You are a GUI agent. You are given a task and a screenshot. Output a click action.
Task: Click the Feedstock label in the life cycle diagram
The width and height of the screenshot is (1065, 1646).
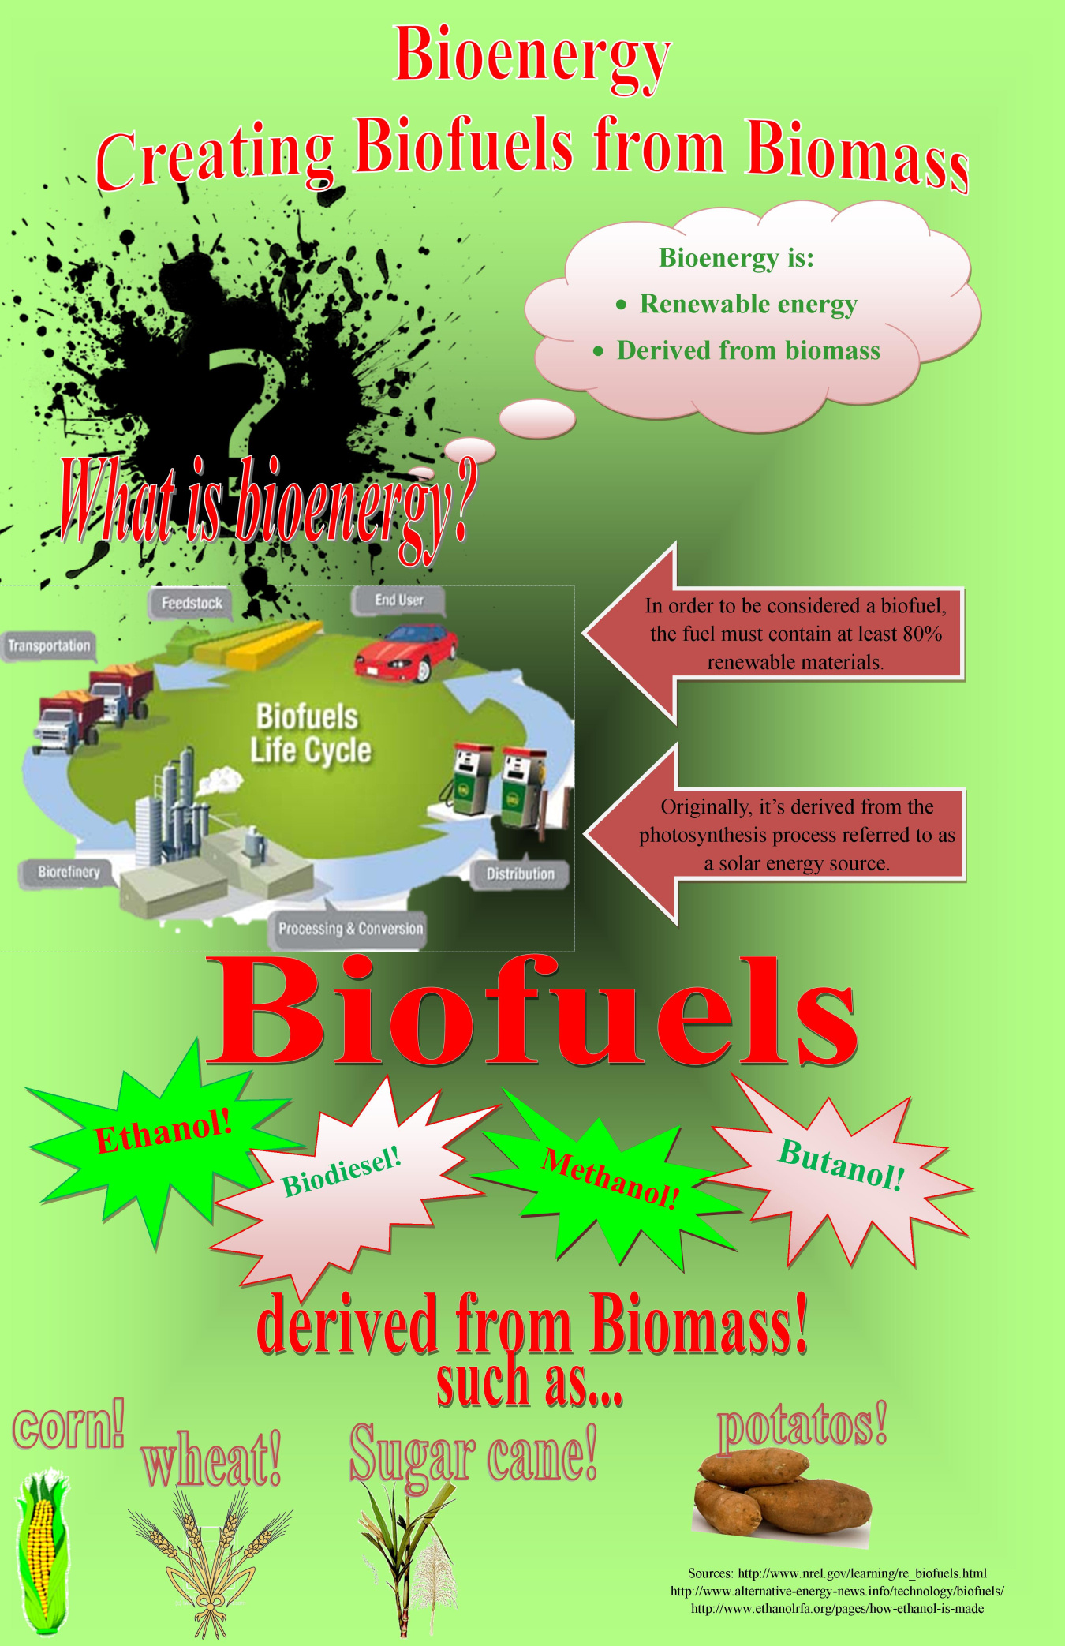click(192, 604)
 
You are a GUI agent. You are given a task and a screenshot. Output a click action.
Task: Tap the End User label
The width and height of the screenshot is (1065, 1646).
click(399, 600)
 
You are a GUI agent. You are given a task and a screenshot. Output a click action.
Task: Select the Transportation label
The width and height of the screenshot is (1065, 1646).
click(49, 646)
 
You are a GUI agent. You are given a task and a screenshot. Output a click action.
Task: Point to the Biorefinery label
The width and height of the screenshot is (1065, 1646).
click(69, 872)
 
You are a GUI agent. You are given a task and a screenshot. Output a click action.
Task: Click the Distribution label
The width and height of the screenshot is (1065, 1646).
click(520, 874)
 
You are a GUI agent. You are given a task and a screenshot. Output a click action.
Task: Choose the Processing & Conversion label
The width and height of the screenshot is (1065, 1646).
click(350, 929)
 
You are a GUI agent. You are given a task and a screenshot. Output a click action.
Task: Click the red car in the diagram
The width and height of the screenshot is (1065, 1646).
click(407, 652)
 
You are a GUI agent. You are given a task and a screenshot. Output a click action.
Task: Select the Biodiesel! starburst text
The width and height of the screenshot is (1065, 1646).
click(342, 1172)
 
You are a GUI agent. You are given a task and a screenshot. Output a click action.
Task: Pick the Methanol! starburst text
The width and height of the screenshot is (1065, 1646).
click(610, 1179)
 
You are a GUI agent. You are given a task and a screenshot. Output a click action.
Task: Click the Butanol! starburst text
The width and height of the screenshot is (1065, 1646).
click(841, 1165)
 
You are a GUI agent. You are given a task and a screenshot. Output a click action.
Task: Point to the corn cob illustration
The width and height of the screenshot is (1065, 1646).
click(41, 1547)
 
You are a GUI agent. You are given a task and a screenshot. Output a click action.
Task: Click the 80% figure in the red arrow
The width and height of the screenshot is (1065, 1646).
click(921, 634)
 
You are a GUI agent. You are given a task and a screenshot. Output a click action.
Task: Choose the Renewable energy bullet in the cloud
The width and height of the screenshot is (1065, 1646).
click(748, 304)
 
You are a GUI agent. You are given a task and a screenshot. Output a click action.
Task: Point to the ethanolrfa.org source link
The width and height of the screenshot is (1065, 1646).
click(837, 1608)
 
